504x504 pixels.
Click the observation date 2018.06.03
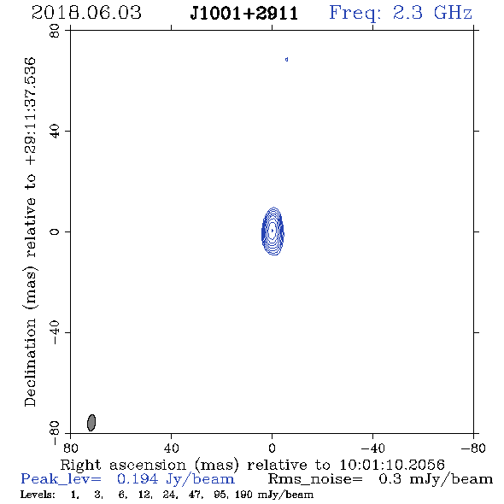click(x=86, y=13)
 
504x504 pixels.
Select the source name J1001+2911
click(x=244, y=14)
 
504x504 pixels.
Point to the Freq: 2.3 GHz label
click(x=401, y=14)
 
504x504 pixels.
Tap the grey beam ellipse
click(x=91, y=423)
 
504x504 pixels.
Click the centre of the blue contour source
click(x=273, y=231)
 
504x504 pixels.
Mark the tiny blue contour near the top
click(x=287, y=60)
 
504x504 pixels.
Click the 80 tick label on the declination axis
click(x=55, y=31)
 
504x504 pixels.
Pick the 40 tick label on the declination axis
click(x=55, y=132)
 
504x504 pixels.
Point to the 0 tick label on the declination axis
click(x=55, y=231)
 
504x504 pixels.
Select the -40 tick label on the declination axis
click(x=55, y=332)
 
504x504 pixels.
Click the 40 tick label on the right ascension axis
click(x=171, y=448)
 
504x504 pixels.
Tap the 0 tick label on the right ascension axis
click(x=272, y=448)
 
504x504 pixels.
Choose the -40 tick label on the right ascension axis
click(x=372, y=448)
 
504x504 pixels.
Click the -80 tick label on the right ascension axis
click(x=473, y=448)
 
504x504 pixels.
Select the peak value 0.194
click(x=138, y=479)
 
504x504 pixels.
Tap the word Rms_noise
click(x=315, y=479)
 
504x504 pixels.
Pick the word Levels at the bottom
click(x=38, y=494)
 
